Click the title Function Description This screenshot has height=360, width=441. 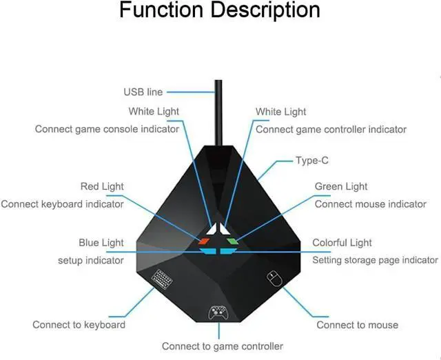pos(220,12)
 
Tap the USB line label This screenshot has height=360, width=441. pos(143,92)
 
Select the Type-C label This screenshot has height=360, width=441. pos(312,161)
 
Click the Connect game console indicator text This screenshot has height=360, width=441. pos(107,129)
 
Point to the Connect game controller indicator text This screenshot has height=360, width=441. pos(331,129)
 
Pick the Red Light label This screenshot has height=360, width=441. pos(102,186)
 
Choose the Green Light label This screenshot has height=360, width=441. pos(341,186)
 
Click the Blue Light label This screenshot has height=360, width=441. pos(101,243)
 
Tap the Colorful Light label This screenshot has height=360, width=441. pos(342,243)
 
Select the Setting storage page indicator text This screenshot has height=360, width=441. pos(375,260)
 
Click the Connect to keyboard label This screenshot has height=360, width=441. pos(79,324)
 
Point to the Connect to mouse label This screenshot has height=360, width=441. pos(357,324)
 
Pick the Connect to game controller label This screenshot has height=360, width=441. pos(222,346)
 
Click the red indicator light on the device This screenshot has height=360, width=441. pos(205,241)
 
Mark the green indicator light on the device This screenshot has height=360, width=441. pos(232,241)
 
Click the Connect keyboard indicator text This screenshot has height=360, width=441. pos(63,204)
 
